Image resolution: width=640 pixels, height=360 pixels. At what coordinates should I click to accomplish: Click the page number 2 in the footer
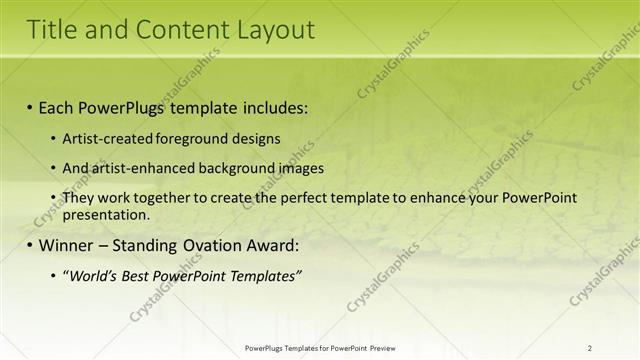click(x=590, y=347)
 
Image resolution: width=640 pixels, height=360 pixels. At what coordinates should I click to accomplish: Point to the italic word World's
click(x=92, y=275)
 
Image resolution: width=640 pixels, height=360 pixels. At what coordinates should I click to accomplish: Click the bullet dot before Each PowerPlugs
click(x=31, y=106)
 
